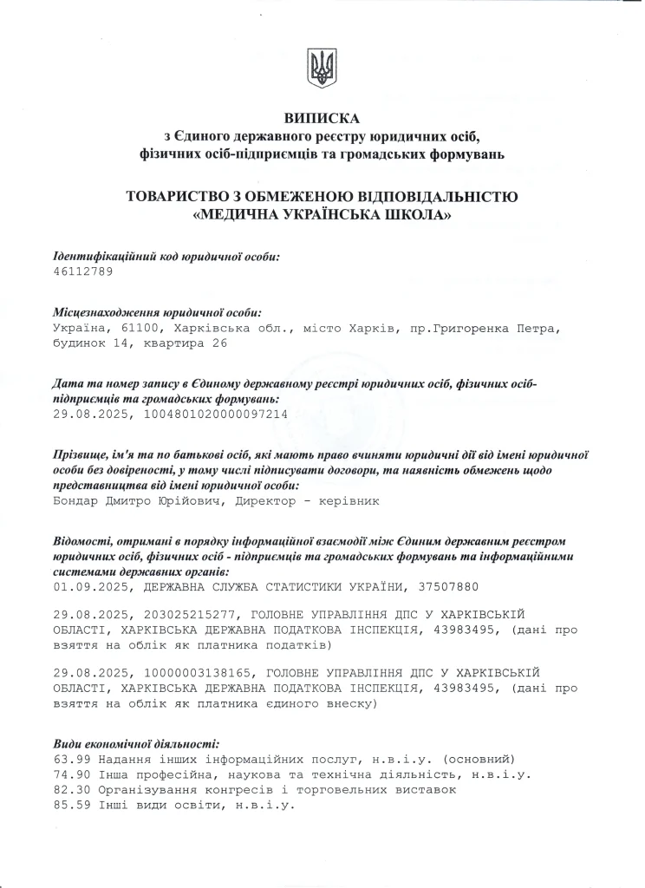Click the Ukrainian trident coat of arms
[x=322, y=67]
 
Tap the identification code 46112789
[x=83, y=271]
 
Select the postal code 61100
[x=142, y=329]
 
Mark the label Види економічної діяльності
[x=136, y=743]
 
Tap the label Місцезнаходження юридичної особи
[x=157, y=312]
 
